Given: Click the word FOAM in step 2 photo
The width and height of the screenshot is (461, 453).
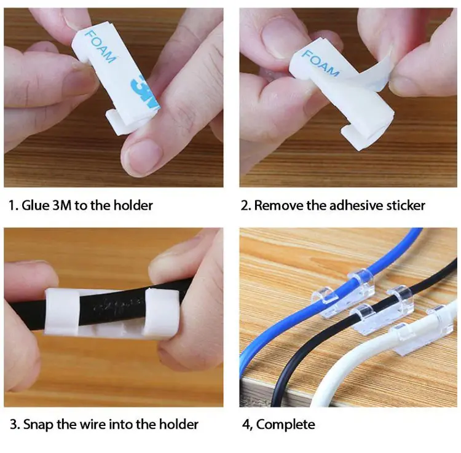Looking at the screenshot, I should tap(320, 63).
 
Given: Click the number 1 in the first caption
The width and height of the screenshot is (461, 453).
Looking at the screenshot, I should tap(12, 205).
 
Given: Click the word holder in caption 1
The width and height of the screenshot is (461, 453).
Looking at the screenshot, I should tap(133, 205).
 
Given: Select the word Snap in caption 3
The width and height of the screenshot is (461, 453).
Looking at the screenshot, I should tap(37, 424).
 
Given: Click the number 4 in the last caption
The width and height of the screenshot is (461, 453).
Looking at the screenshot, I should tap(245, 424).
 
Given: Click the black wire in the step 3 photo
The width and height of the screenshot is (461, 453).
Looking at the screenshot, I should tap(117, 304).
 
